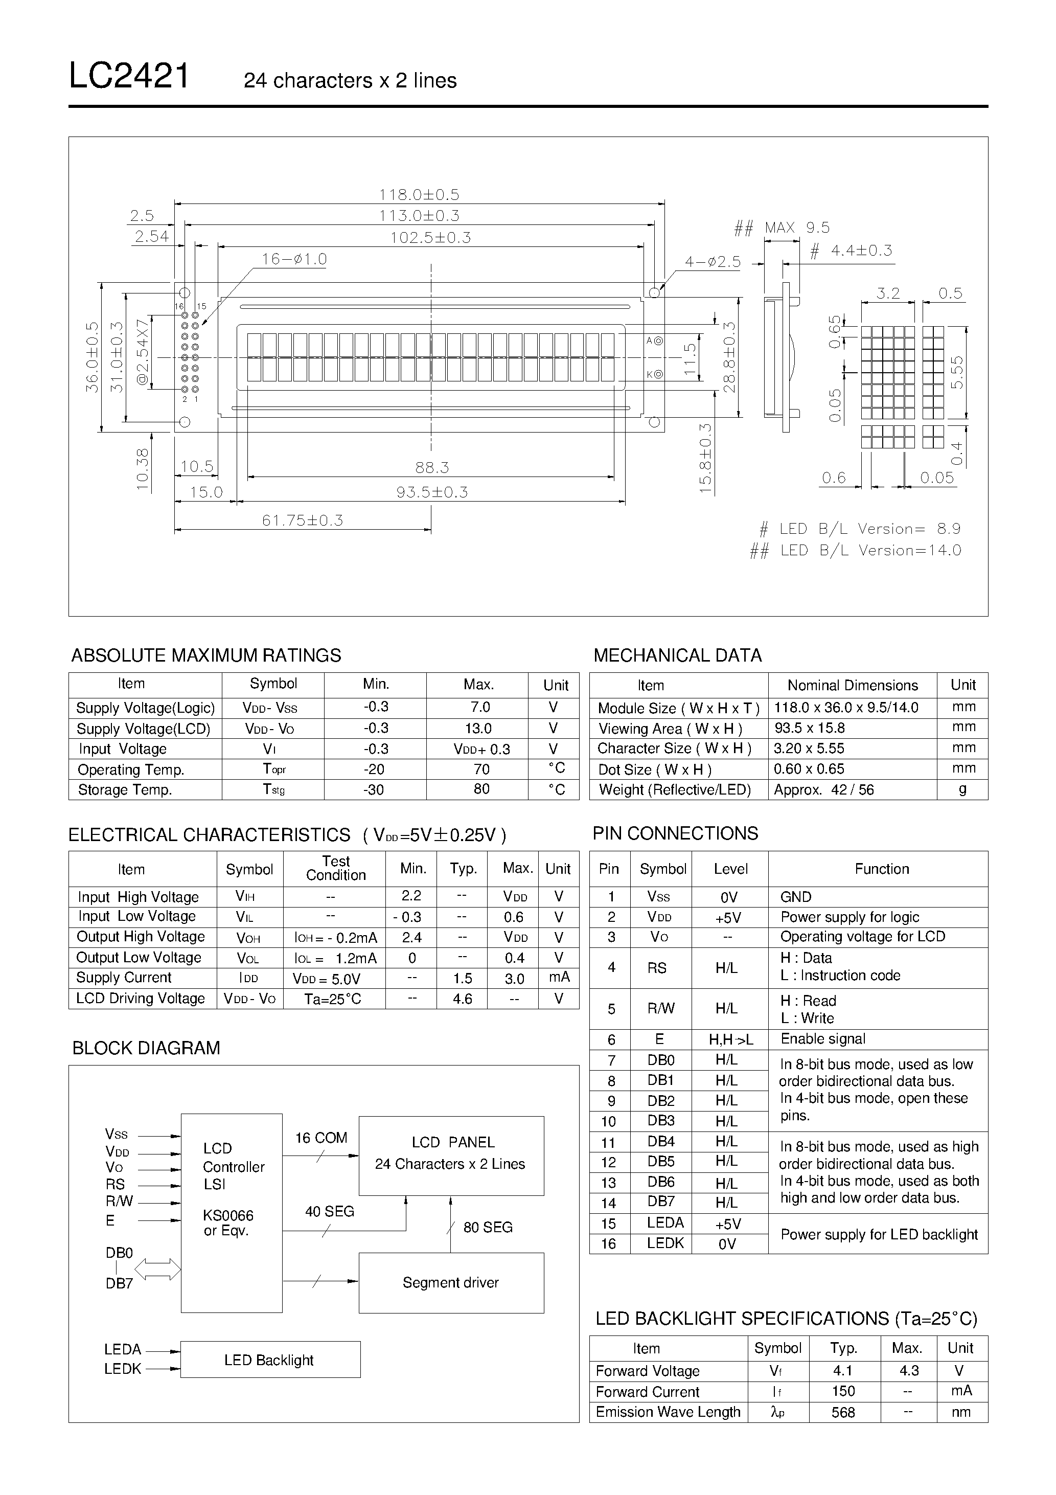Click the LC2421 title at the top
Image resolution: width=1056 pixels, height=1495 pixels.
tap(129, 76)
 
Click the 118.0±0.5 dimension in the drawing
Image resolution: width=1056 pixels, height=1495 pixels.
tap(419, 195)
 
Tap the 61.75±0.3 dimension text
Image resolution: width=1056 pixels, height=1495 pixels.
tap(302, 520)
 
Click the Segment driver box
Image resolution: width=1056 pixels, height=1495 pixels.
tap(450, 1282)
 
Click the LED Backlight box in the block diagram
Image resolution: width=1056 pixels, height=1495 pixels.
tap(269, 1360)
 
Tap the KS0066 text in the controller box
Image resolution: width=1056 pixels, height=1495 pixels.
tap(228, 1215)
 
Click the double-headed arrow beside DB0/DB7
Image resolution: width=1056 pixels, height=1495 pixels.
tap(157, 1269)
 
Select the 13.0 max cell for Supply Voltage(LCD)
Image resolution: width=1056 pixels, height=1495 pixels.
tap(478, 728)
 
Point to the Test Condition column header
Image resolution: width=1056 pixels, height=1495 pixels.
tap(335, 868)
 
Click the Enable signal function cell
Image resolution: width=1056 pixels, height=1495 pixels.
tap(823, 1038)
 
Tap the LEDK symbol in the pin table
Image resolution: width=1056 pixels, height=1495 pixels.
tap(664, 1243)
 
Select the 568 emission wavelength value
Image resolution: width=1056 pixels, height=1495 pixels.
tap(843, 1412)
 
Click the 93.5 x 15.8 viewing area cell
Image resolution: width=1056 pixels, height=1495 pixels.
tap(809, 728)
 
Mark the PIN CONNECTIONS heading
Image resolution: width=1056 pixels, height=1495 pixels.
tap(675, 833)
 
